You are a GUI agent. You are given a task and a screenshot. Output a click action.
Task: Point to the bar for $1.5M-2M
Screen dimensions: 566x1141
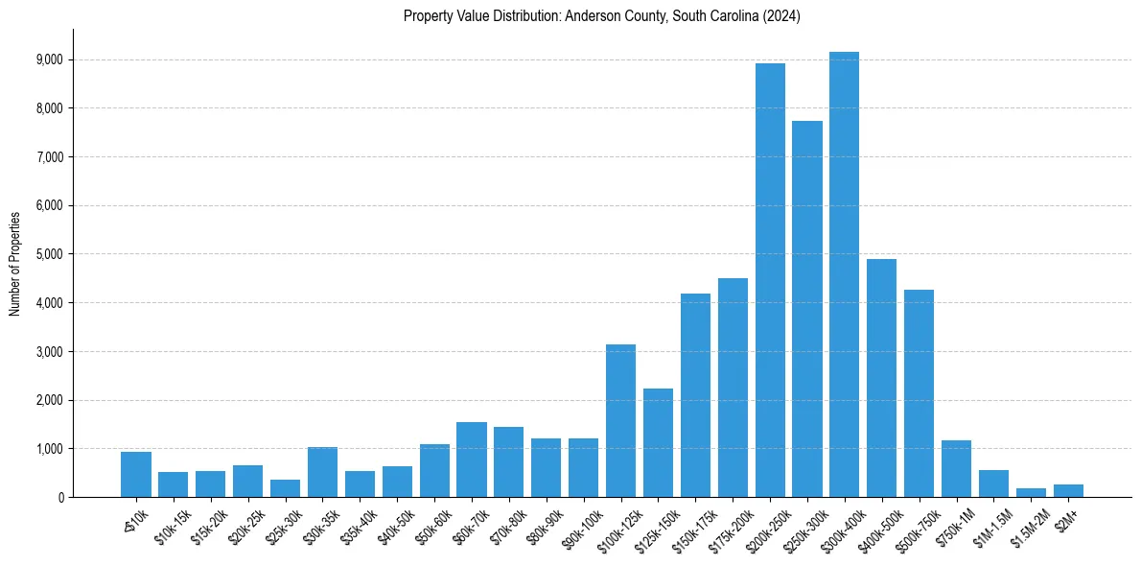[1031, 492]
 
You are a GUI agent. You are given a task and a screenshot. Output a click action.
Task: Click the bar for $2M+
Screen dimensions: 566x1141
[1068, 490]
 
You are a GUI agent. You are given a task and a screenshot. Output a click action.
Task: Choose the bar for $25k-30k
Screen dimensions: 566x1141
[285, 488]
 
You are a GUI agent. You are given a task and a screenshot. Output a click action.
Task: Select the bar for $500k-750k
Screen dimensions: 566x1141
[919, 393]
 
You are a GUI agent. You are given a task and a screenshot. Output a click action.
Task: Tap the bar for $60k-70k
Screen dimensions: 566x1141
[472, 460]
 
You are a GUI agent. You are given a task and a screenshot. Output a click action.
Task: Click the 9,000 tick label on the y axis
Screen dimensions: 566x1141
[49, 59]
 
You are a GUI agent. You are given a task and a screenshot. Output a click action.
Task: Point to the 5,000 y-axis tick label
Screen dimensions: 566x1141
[49, 254]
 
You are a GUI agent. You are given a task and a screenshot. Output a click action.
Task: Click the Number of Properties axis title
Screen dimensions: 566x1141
[15, 263]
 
